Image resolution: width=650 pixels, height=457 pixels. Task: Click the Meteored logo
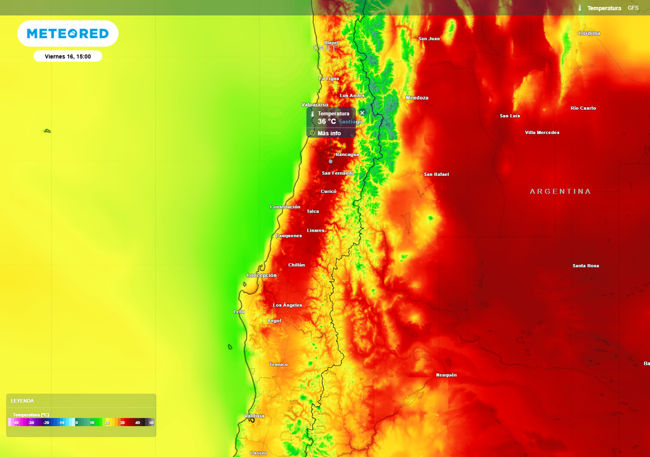67,34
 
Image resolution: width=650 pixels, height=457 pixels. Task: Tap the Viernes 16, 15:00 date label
68,56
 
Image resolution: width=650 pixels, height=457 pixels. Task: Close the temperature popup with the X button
362,113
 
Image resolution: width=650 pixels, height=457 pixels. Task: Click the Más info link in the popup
329,133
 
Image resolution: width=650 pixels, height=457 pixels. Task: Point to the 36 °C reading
327,121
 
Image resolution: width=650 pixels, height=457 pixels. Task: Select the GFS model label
633,8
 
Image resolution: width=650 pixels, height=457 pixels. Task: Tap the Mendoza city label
417,98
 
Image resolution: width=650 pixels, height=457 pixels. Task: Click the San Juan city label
429,39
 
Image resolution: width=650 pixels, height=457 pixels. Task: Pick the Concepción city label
262,275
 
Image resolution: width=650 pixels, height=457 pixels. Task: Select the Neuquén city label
446,375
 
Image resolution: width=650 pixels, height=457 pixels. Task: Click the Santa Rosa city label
585,265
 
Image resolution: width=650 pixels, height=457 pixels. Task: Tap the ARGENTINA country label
560,191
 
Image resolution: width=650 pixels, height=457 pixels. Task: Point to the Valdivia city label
254,416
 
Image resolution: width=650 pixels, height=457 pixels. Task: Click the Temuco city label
279,364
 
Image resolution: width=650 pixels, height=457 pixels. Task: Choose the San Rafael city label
436,174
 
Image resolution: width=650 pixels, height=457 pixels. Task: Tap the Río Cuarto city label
583,108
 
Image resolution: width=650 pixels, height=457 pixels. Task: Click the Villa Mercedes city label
542,133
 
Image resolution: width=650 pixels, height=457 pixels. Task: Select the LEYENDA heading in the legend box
22,401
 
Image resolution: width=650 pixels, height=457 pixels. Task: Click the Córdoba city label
589,33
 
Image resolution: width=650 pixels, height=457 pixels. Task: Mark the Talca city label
313,211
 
